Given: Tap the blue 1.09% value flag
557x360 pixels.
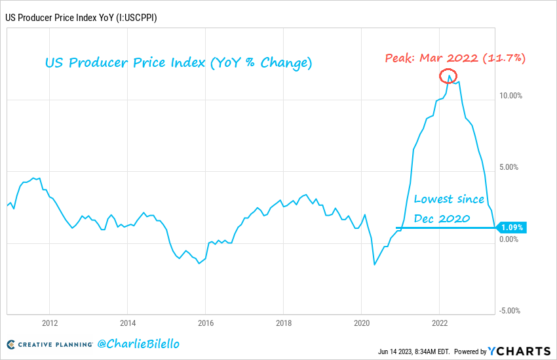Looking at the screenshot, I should tap(512, 228).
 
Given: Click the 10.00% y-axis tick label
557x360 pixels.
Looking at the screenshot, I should tap(510, 95).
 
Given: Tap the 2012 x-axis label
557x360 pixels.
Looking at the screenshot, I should tap(50, 323).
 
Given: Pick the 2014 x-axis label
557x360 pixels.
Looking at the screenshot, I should tap(128, 323).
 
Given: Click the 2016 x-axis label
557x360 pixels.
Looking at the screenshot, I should tap(205, 323).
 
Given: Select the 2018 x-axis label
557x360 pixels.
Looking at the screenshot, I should tap(283, 323).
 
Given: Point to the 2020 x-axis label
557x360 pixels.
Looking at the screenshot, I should tap(361, 323).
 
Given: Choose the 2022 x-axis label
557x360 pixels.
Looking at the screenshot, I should tap(439, 323).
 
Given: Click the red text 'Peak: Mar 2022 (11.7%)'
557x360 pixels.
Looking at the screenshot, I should tap(455, 58).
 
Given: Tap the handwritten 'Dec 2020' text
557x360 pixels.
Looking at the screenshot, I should tap(442, 218).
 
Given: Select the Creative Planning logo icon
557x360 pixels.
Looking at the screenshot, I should tap(11, 344).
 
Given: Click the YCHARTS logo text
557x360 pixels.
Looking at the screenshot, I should tap(522, 350).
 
